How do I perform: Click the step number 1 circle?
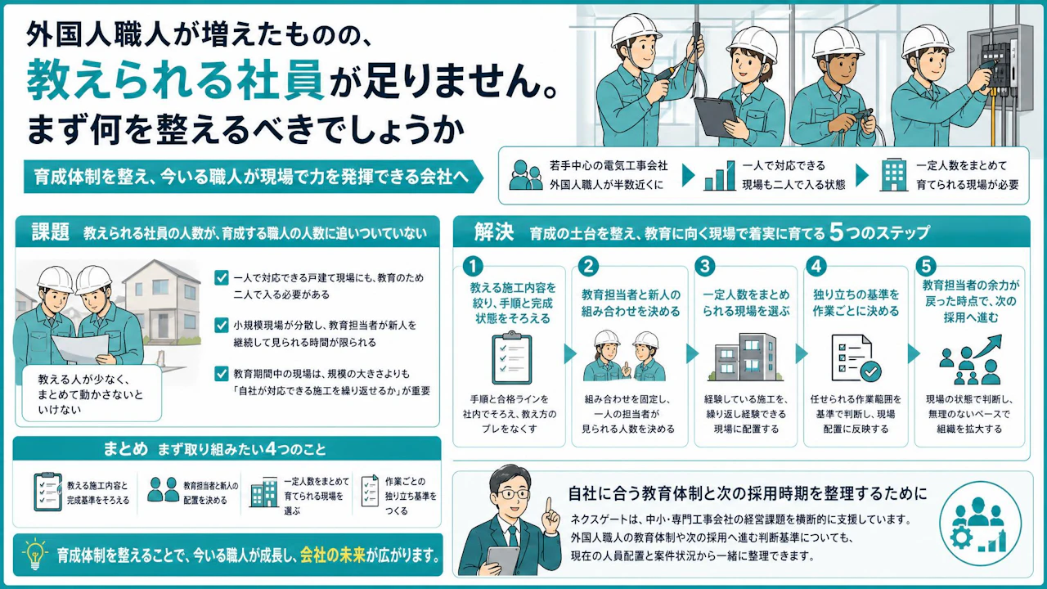coord(473,266)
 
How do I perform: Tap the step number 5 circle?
coord(925,266)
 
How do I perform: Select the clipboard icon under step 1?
coord(511,357)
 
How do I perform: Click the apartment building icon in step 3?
coord(746,357)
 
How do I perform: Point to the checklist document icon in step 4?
coord(856,358)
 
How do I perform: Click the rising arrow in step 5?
coord(986,346)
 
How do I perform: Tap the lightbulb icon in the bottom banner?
coord(35,555)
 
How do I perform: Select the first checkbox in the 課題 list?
coord(221,277)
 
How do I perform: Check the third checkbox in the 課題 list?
coord(221,374)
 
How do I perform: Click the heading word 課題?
coord(50,232)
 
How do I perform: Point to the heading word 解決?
coord(493,232)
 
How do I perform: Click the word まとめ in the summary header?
coord(125,449)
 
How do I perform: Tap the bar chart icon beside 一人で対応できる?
coord(720,176)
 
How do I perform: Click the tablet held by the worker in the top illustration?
coord(716,117)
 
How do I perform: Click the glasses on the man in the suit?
coord(513,493)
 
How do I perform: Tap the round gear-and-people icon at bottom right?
coord(980,523)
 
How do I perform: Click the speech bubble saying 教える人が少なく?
coord(92,393)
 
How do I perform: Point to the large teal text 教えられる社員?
coord(175,79)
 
